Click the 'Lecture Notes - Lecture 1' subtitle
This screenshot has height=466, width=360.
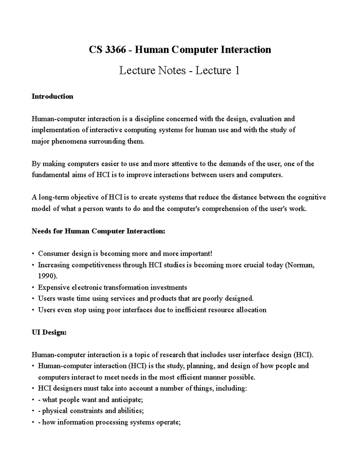pyautogui.click(x=179, y=71)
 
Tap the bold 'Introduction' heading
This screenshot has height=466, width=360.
pyautogui.click(x=52, y=96)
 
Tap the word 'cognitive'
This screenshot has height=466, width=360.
pyautogui.click(x=312, y=197)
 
